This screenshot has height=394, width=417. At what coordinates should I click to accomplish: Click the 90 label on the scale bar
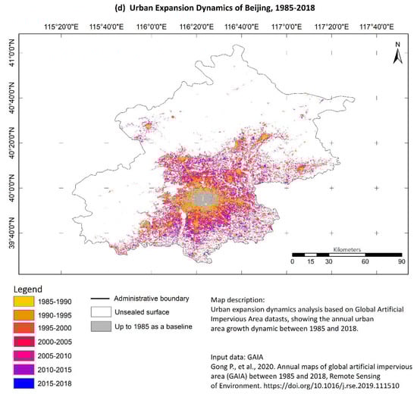[401, 262]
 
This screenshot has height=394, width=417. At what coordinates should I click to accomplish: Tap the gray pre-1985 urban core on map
[203, 199]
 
